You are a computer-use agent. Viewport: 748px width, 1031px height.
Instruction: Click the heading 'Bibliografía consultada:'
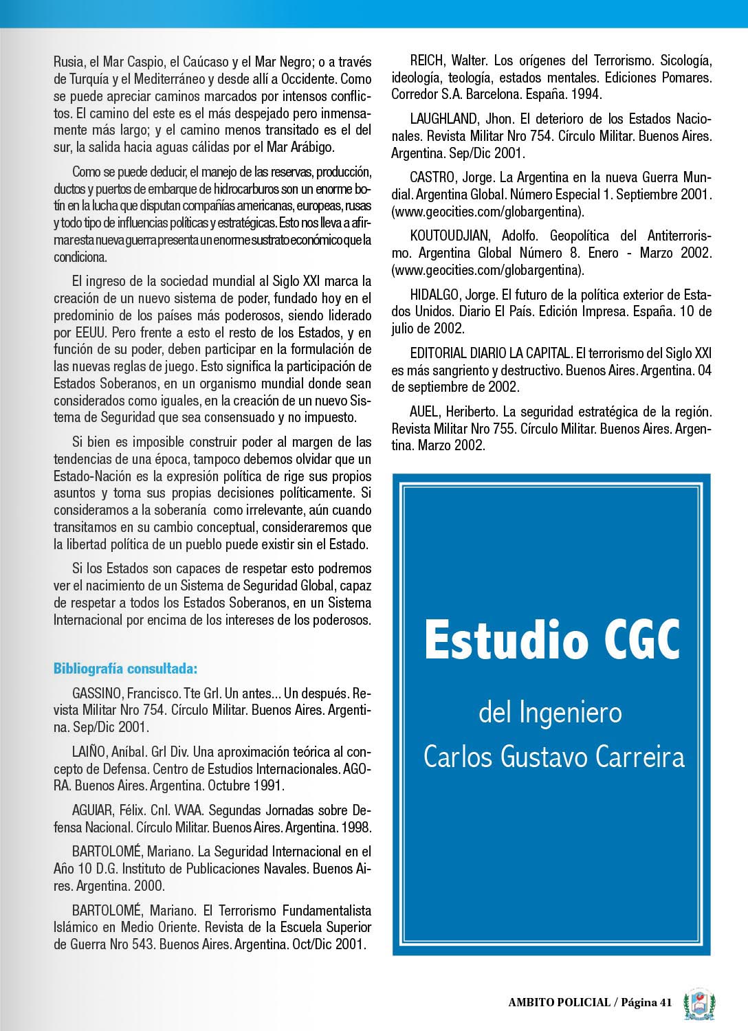[125, 668]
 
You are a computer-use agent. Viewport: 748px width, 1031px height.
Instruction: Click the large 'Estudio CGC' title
[552, 639]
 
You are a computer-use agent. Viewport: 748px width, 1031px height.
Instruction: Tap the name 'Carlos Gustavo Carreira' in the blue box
[554, 757]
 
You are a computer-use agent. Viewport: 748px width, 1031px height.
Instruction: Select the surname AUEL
[426, 412]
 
